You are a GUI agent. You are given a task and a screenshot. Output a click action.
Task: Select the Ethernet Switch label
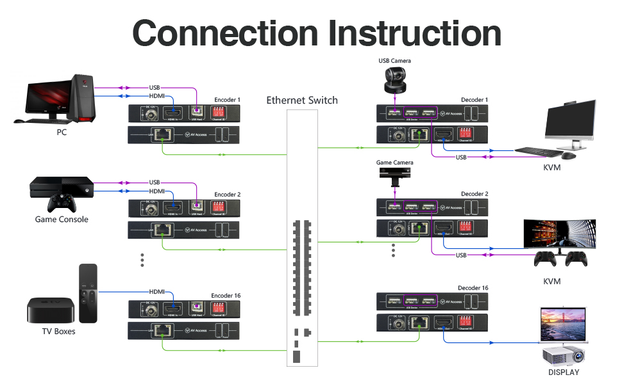[301, 100]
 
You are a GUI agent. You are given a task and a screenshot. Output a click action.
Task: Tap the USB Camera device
[394, 80]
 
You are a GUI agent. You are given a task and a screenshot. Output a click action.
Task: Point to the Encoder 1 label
[227, 100]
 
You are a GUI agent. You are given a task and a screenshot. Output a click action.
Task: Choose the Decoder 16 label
[473, 288]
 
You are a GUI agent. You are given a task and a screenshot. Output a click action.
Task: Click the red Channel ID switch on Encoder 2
[219, 207]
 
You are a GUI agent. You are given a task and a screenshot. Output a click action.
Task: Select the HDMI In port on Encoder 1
[172, 114]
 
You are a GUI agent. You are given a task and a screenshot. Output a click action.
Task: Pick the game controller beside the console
[62, 204]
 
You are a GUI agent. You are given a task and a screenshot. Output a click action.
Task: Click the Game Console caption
[62, 220]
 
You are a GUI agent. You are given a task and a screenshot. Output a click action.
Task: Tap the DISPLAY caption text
[563, 372]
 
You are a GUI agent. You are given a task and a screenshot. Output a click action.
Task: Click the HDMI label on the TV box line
[157, 291]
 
